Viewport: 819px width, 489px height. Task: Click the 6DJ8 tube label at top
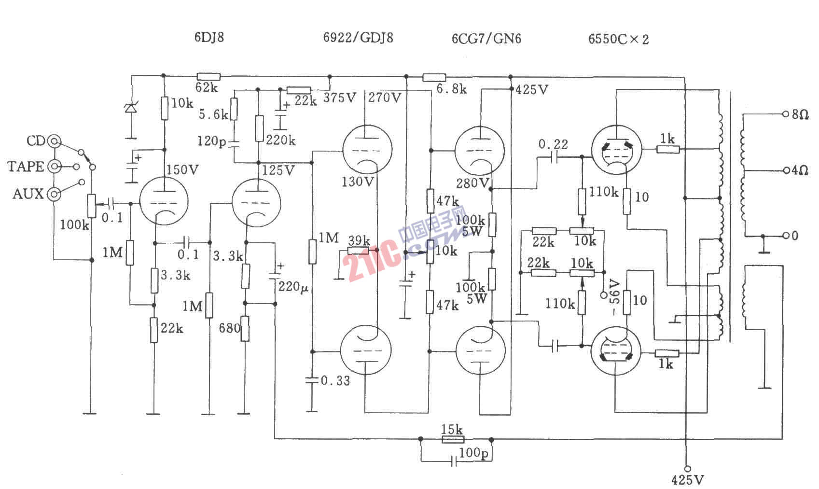click(x=209, y=38)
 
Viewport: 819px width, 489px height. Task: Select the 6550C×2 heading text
click(x=618, y=39)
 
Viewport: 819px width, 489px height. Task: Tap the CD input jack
click(x=53, y=141)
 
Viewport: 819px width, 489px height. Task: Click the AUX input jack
click(x=53, y=194)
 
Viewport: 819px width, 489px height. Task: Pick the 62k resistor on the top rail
click(x=208, y=76)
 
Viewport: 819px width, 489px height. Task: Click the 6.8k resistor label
click(x=452, y=89)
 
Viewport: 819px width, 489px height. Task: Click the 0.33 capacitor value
click(x=335, y=380)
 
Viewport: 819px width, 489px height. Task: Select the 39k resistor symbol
click(x=358, y=251)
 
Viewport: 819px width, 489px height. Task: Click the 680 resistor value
click(x=229, y=328)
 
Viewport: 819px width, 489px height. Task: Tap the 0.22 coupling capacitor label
click(x=553, y=144)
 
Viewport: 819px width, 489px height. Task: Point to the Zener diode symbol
click(x=130, y=109)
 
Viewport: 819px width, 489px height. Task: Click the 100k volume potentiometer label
click(x=74, y=224)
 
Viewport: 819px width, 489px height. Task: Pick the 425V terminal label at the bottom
click(x=687, y=479)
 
